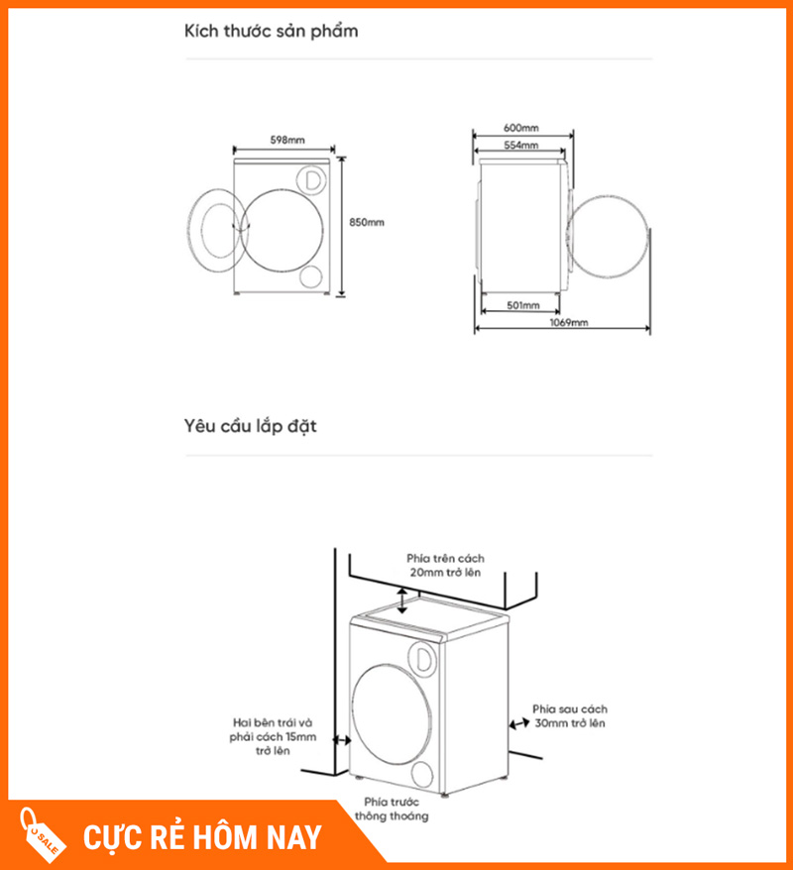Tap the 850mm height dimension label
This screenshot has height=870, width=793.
click(367, 223)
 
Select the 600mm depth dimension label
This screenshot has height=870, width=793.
click(520, 129)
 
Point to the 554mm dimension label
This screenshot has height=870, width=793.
click(520, 146)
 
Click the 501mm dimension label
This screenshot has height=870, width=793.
click(521, 306)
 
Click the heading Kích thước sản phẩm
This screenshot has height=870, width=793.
click(271, 32)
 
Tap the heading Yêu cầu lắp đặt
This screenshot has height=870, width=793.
click(250, 427)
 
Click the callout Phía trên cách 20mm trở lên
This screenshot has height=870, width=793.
click(445, 566)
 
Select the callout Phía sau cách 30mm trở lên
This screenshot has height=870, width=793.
click(569, 716)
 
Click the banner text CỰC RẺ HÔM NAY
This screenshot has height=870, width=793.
click(202, 837)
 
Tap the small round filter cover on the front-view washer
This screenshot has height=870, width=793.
click(310, 276)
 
